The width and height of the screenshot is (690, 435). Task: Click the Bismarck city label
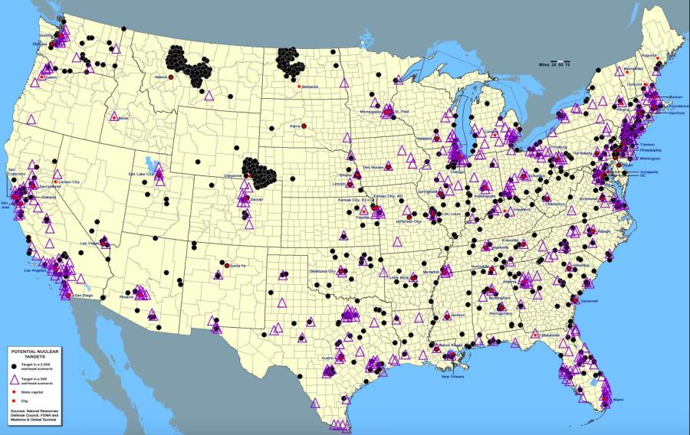(x=310, y=87)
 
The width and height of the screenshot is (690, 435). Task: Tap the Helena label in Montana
(x=160, y=77)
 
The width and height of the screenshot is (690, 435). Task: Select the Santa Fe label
(x=238, y=265)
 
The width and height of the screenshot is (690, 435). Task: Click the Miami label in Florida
(x=618, y=399)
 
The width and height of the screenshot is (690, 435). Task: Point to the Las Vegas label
(x=90, y=243)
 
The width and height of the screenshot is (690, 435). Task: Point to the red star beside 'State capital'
(x=15, y=392)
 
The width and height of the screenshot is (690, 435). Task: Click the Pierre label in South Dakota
(x=294, y=124)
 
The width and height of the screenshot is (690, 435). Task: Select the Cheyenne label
(x=232, y=175)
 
